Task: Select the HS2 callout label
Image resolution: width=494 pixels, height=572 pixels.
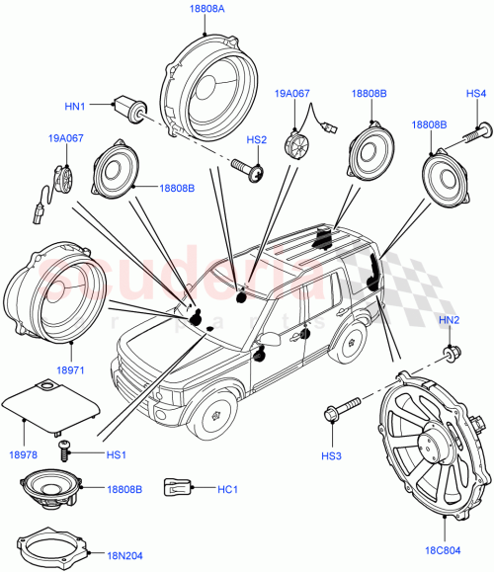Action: coord(257,141)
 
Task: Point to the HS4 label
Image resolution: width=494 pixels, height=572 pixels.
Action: coord(476,94)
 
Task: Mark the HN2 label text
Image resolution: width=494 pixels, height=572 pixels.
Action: coord(449,320)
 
